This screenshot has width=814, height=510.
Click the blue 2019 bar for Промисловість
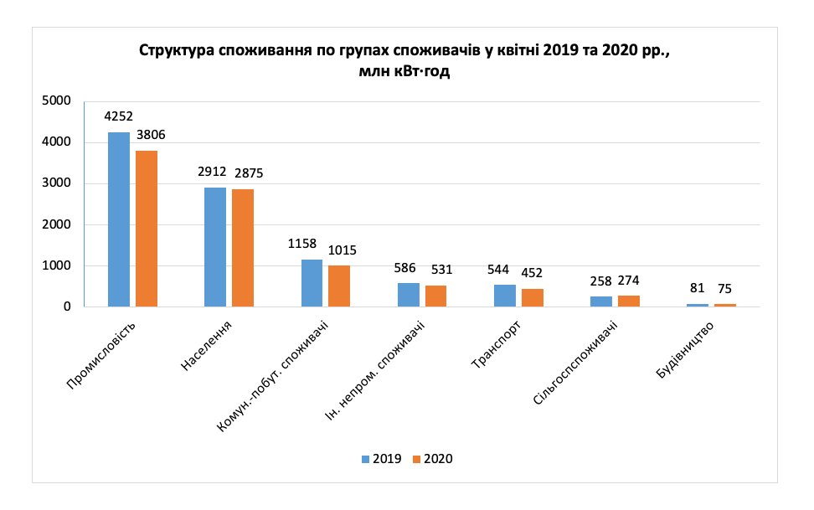pos(119,219)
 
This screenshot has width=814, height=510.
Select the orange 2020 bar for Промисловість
pos(147,229)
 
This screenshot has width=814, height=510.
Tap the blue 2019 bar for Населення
pos(215,247)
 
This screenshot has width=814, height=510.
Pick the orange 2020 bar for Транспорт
pos(532,298)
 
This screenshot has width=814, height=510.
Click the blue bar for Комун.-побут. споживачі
pos(312,283)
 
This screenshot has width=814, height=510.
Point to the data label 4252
pos(119,117)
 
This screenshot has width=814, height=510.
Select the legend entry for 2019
pos(381,459)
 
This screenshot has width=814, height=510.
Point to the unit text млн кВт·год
pos(404,72)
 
